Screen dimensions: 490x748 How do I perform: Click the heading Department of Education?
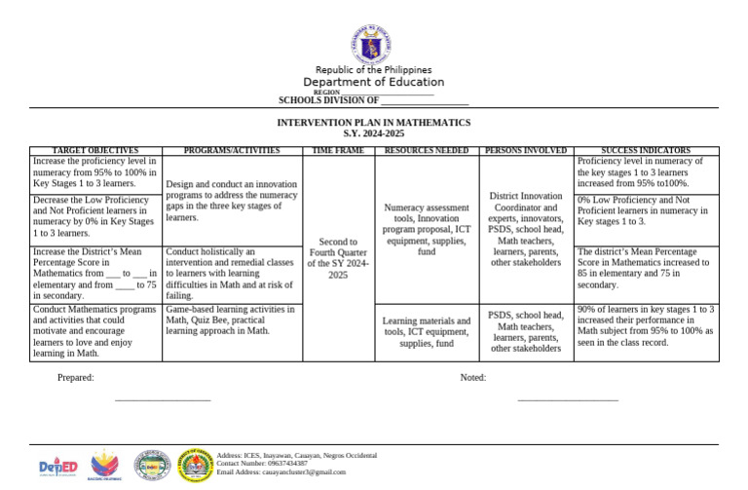(374, 82)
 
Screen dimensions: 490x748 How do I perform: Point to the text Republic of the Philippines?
(374, 69)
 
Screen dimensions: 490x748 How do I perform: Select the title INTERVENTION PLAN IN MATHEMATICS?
(374, 123)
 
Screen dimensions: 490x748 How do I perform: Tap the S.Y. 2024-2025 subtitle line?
(374, 132)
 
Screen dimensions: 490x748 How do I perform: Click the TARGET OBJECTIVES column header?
(94, 151)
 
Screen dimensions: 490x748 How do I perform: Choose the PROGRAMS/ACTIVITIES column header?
(232, 151)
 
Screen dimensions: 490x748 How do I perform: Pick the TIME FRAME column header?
(338, 151)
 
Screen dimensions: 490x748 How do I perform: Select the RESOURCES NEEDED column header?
(427, 151)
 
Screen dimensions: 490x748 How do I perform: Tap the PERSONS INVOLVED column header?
(526, 151)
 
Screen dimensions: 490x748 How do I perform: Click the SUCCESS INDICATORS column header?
(647, 151)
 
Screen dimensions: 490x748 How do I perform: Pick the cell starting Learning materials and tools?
(427, 332)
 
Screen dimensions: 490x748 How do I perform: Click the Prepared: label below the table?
(75, 378)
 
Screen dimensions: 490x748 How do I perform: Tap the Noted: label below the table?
(472, 378)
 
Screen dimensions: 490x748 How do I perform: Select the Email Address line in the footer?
(281, 471)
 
